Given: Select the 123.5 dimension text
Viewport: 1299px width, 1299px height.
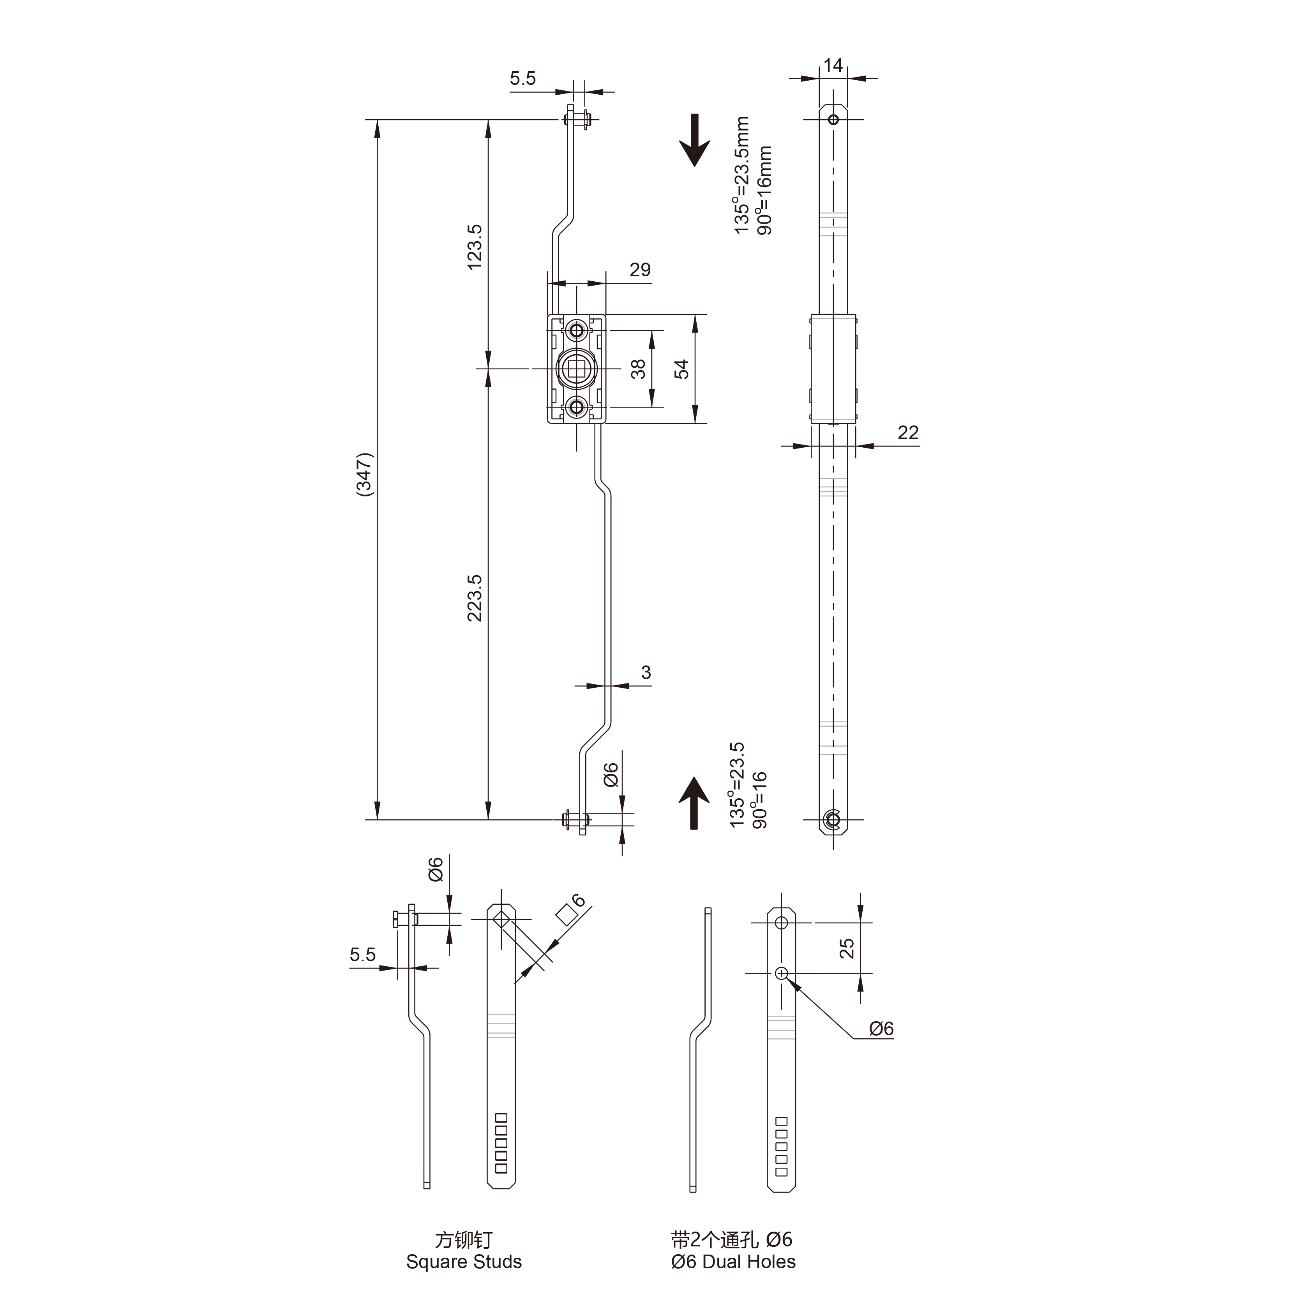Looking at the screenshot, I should click(x=475, y=247).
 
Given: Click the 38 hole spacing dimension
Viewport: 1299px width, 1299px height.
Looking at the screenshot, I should click(x=637, y=369).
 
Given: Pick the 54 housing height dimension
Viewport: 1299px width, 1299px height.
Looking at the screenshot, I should click(x=682, y=369).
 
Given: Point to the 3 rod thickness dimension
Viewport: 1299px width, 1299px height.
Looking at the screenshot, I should click(x=646, y=672).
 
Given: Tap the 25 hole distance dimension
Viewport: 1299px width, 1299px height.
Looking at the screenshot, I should click(x=847, y=948).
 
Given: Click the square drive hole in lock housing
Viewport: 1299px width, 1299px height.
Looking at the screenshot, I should click(x=576, y=369).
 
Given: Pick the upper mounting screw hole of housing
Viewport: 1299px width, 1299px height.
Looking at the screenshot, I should click(x=576, y=330).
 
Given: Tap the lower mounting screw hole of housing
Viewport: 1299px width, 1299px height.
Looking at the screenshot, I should click(x=576, y=407).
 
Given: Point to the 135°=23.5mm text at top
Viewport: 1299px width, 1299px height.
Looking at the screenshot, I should click(x=741, y=175).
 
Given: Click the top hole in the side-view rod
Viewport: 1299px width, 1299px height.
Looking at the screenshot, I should click(x=833, y=120).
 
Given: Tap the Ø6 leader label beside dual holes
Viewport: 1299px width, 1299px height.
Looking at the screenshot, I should click(x=881, y=1028).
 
